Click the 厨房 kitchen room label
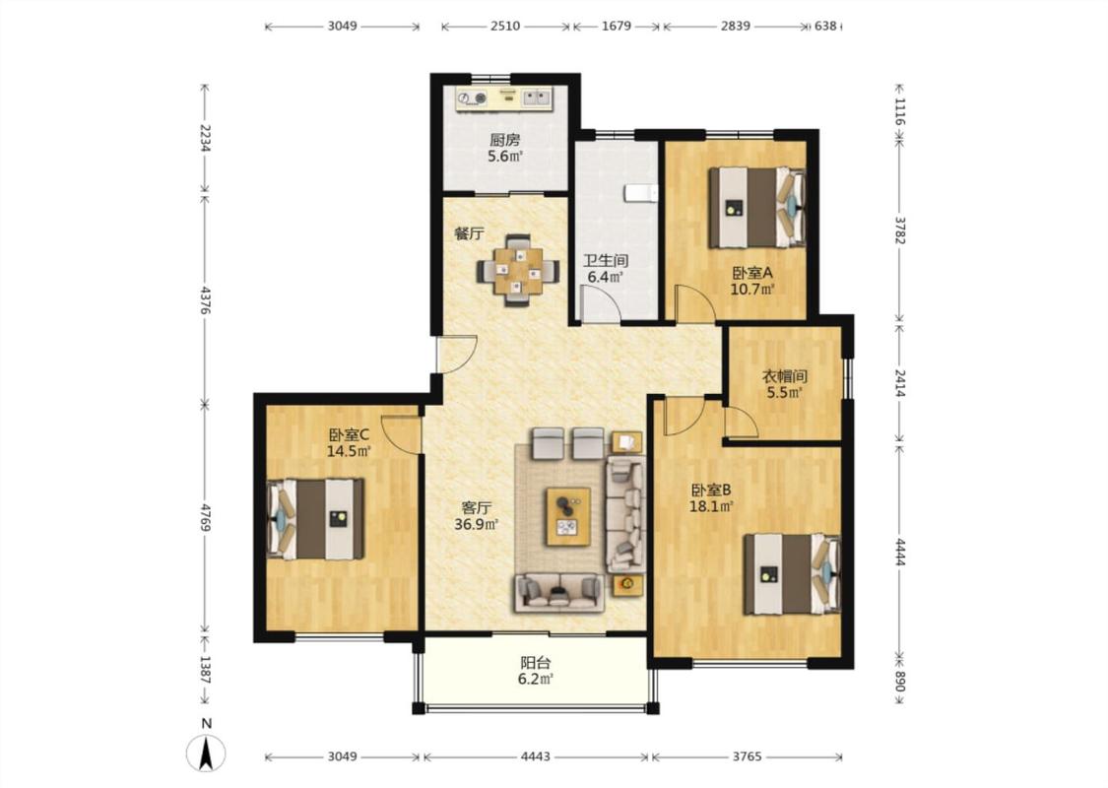tap(504, 141)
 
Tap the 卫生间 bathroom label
tap(606, 261)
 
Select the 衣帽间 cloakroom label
tap(784, 376)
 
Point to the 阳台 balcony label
tap(535, 663)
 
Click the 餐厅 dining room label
tap(469, 233)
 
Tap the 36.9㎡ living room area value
tap(477, 524)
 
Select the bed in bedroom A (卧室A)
tap(757, 207)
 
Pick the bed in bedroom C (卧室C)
tap(315, 519)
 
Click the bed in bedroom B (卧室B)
tap(792, 574)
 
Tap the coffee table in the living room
tap(568, 516)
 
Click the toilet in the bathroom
tap(641, 193)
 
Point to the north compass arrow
tap(207, 753)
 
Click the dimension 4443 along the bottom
tap(535, 756)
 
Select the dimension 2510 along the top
tap(504, 27)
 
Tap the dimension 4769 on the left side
tap(206, 517)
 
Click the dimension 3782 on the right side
tap(899, 230)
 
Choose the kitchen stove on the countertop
tap(472, 98)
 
